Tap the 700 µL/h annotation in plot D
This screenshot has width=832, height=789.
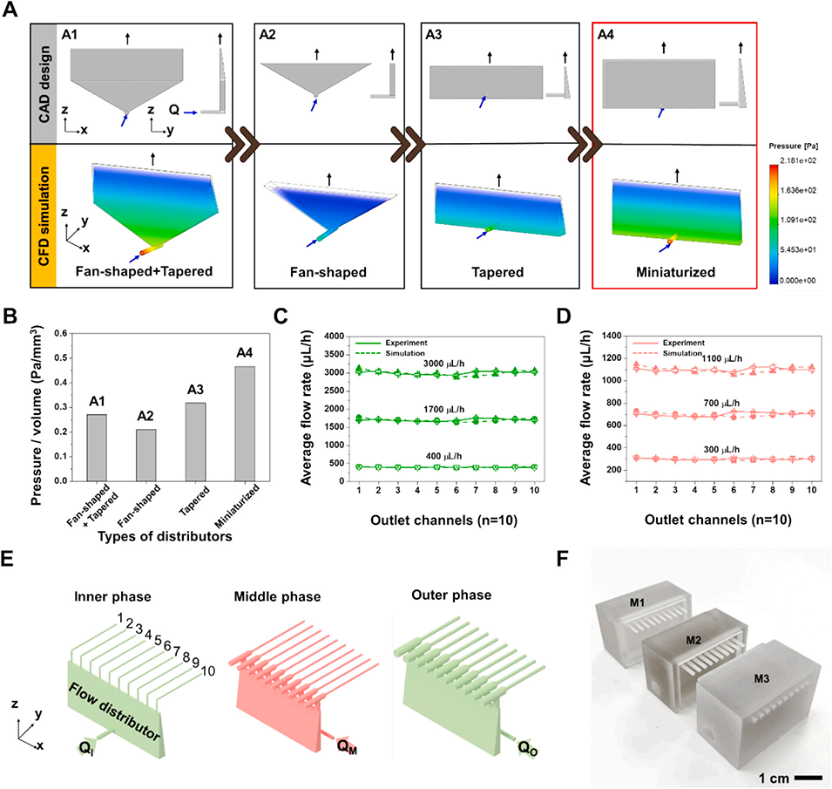coord(697,404)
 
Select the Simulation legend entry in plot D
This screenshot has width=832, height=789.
coord(684,353)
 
